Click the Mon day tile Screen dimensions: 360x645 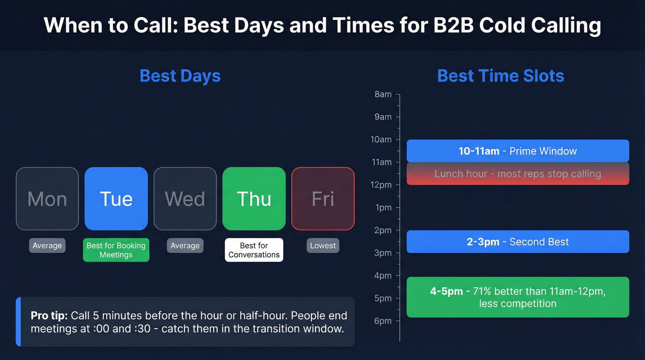tap(47, 199)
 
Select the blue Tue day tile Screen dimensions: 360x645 tap(116, 199)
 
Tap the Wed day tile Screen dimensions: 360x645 tap(185, 199)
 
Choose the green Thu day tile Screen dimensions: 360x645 tap(254, 199)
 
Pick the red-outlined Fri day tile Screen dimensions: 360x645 tap(323, 199)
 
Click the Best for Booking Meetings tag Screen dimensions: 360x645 tap(116, 250)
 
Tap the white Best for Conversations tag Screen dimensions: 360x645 tap(254, 250)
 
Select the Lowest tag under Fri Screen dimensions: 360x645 tap(323, 246)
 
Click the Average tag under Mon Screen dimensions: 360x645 tap(47, 246)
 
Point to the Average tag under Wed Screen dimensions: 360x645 tap(185, 246)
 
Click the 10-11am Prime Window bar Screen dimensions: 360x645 tap(517, 151)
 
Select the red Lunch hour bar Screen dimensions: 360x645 tap(517, 174)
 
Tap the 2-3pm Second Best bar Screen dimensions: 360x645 tap(517, 242)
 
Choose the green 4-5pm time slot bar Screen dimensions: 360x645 tap(517, 297)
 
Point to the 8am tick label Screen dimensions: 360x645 tap(383, 94)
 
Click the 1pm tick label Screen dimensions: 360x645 tap(383, 207)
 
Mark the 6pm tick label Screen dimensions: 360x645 tap(383, 321)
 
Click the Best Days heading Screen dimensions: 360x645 tap(180, 76)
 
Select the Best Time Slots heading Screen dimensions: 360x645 tap(501, 76)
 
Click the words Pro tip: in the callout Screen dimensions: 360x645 tap(49, 316)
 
